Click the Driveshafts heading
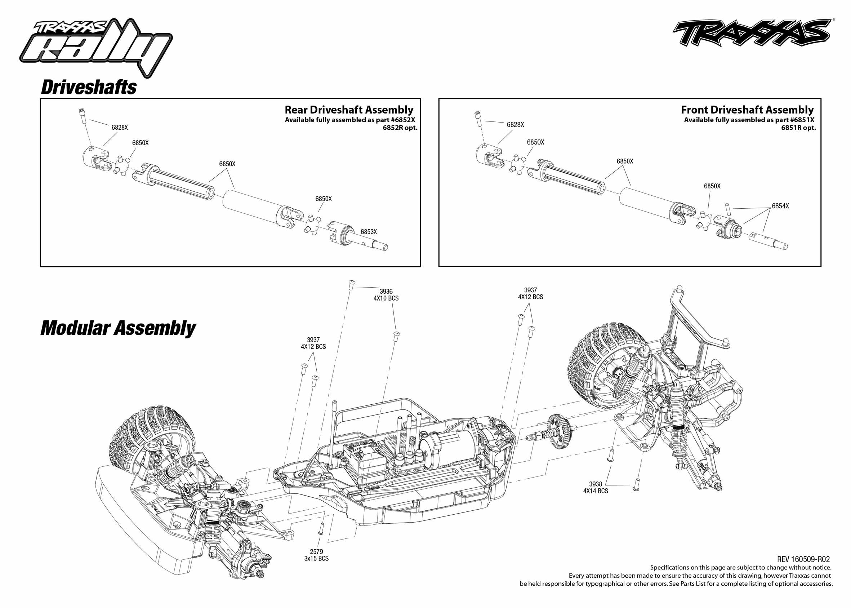pos(89,87)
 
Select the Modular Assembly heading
pos(118,328)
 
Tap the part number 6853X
pos(369,232)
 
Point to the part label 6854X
pos(780,206)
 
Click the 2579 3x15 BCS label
pos(316,555)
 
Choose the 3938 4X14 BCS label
pos(596,488)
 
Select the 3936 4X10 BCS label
pos(386,295)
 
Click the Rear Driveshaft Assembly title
pos(349,110)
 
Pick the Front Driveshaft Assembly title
pos(747,110)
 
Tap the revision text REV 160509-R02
pos(803,559)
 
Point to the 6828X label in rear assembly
pos(120,127)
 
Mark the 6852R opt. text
pos(400,128)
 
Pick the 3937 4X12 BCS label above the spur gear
pos(530,293)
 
